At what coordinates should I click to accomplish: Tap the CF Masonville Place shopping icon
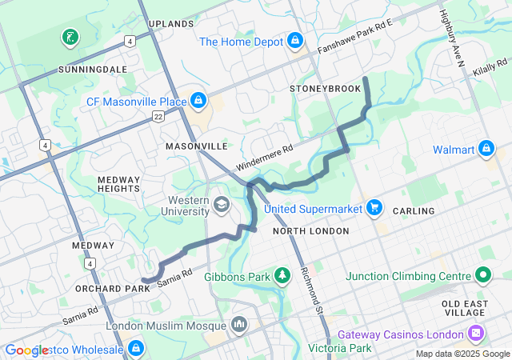click(x=198, y=101)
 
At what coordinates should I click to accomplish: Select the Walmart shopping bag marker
click(x=486, y=149)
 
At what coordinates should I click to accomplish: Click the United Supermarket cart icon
click(x=374, y=208)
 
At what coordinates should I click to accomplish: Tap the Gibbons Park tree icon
click(x=282, y=276)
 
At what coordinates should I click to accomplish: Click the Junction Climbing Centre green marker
click(x=482, y=276)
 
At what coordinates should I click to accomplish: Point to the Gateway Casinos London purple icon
click(x=477, y=333)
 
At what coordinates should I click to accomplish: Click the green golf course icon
click(x=70, y=37)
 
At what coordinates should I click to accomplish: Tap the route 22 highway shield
click(x=158, y=117)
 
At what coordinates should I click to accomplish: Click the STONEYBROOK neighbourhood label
click(x=326, y=88)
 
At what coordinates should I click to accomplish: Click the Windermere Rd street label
click(x=265, y=158)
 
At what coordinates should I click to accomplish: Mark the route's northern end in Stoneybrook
click(x=366, y=78)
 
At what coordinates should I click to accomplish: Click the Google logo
click(x=26, y=350)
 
